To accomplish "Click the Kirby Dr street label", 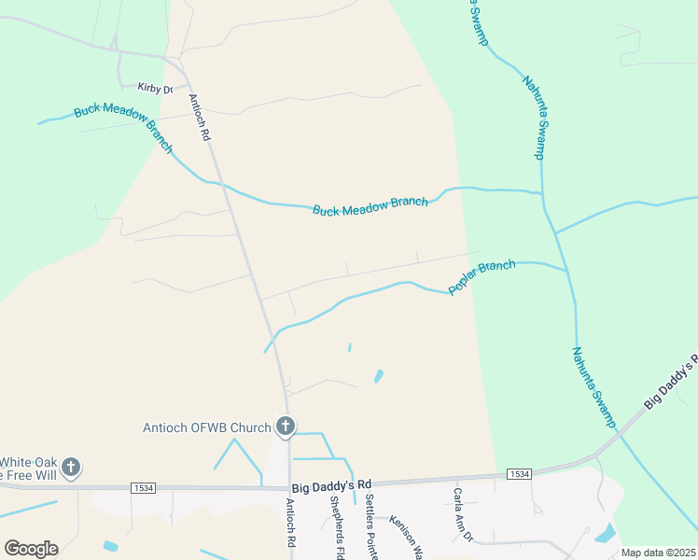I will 156,89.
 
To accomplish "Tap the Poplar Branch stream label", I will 482,278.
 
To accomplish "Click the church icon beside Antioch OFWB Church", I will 286,427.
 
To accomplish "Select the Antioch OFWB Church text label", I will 206,428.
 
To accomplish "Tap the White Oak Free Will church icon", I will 71,467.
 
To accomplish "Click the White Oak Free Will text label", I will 30,468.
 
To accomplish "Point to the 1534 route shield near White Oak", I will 144,487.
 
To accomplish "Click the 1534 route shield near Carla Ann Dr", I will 520,475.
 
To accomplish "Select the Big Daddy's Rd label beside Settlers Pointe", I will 331,484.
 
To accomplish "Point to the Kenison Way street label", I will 406,536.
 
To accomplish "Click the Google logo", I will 31,549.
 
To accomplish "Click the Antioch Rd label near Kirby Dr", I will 199,117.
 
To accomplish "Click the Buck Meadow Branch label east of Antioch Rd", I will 370,205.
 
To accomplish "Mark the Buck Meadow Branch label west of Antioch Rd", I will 124,126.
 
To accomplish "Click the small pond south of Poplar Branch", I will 379,376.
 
